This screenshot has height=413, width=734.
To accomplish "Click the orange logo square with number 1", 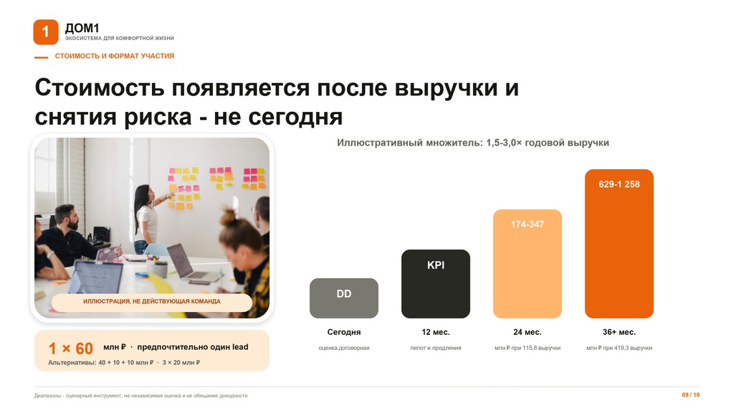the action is (x=46, y=32).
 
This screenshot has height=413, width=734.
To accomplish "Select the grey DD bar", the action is (x=344, y=298).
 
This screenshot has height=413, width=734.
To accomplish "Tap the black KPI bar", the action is (x=436, y=284).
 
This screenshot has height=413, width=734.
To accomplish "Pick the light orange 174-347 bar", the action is (x=528, y=264).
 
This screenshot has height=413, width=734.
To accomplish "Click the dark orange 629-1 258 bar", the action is (x=619, y=244).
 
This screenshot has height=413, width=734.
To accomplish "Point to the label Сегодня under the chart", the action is (x=344, y=332).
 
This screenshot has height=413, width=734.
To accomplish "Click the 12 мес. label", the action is (x=436, y=332).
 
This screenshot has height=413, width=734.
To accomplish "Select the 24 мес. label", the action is (x=528, y=332).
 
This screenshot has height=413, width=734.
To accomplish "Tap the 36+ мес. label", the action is (x=619, y=332).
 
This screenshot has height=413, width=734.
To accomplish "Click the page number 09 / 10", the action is (x=691, y=395).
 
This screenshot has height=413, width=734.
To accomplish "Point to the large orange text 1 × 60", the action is (x=71, y=348).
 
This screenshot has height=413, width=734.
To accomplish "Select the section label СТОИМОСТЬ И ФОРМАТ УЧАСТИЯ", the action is (x=115, y=56).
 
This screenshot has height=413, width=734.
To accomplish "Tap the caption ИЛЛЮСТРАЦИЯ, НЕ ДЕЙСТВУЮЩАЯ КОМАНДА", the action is (x=152, y=301).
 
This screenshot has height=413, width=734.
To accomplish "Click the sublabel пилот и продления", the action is (x=436, y=348).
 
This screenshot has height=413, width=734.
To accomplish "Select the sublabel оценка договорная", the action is (x=344, y=348).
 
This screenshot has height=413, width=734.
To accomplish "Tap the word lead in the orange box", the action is (x=240, y=347).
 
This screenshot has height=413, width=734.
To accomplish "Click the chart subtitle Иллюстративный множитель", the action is (x=409, y=143).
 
